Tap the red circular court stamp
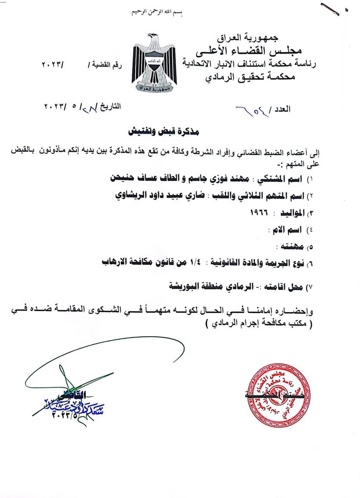point(279,396)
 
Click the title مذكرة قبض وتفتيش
point(164,132)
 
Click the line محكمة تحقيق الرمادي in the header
point(250,77)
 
